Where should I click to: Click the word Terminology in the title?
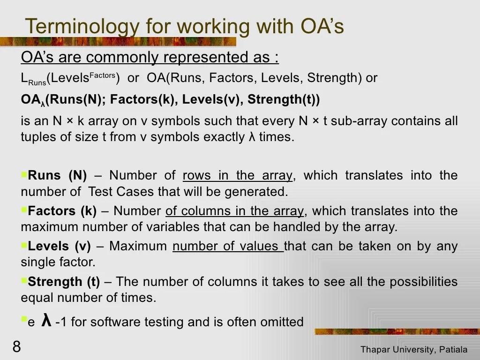pyautogui.click(x=80, y=27)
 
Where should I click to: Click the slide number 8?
pyautogui.click(x=17, y=347)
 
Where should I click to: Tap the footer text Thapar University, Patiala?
pyautogui.click(x=414, y=350)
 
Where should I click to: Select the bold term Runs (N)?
pyautogui.click(x=57, y=176)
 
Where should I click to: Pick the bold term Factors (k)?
pyautogui.click(x=62, y=211)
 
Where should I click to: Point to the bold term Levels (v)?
pyautogui.click(x=59, y=246)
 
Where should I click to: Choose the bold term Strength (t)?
pyautogui.click(x=64, y=282)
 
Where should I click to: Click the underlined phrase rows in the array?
pyautogui.click(x=238, y=176)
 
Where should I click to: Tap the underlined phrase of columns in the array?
pyautogui.click(x=234, y=211)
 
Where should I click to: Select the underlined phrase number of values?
pyautogui.click(x=227, y=246)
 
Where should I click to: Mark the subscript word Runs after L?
pyautogui.click(x=37, y=83)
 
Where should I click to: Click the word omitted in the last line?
pyautogui.click(x=283, y=322)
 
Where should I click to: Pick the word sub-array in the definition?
pyautogui.click(x=364, y=121)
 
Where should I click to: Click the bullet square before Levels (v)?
pyautogui.click(x=24, y=244)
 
